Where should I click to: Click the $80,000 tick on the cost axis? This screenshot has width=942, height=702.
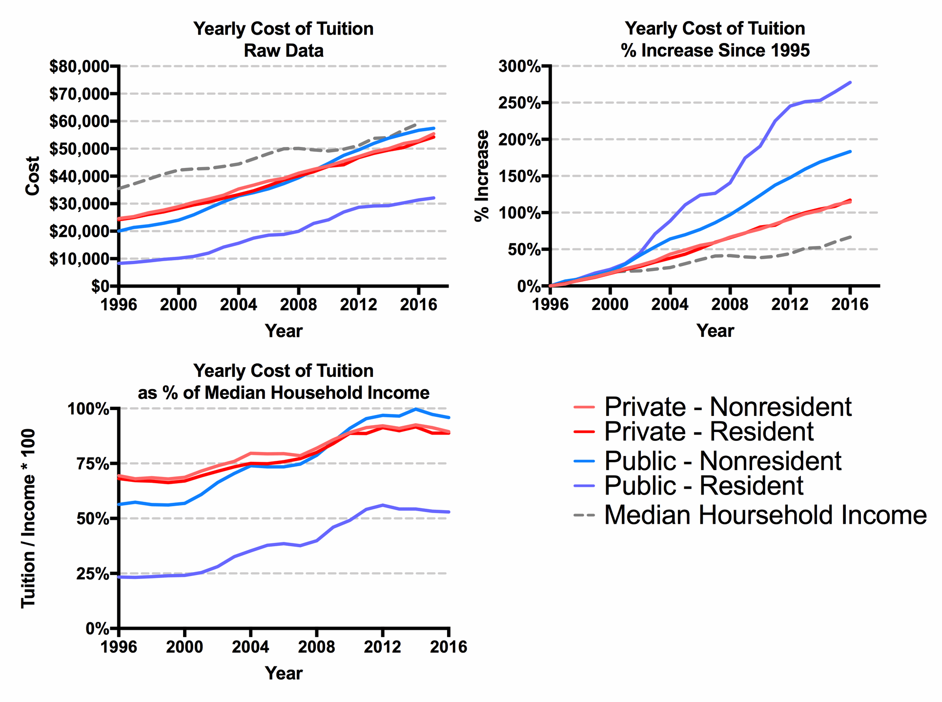79,66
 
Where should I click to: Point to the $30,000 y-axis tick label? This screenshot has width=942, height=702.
79,204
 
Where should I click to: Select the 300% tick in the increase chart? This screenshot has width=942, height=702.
519,66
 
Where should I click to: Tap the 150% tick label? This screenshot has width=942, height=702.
519,176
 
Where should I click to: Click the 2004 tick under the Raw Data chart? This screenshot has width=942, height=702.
238,305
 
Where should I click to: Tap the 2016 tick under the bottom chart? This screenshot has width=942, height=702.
448,647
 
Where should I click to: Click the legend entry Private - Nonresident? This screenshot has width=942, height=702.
727,407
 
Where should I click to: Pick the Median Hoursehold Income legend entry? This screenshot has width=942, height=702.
765,515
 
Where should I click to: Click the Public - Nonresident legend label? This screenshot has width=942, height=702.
722,461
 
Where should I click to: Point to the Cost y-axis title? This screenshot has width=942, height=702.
33,176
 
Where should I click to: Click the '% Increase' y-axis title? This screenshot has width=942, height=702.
482,176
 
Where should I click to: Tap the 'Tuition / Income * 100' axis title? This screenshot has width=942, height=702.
28,518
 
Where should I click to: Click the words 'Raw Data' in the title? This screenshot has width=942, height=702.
283,51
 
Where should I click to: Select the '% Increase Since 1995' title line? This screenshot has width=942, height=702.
715,51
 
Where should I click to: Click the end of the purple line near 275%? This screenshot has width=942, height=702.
850,83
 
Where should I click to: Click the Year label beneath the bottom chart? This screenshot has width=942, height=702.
284,673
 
